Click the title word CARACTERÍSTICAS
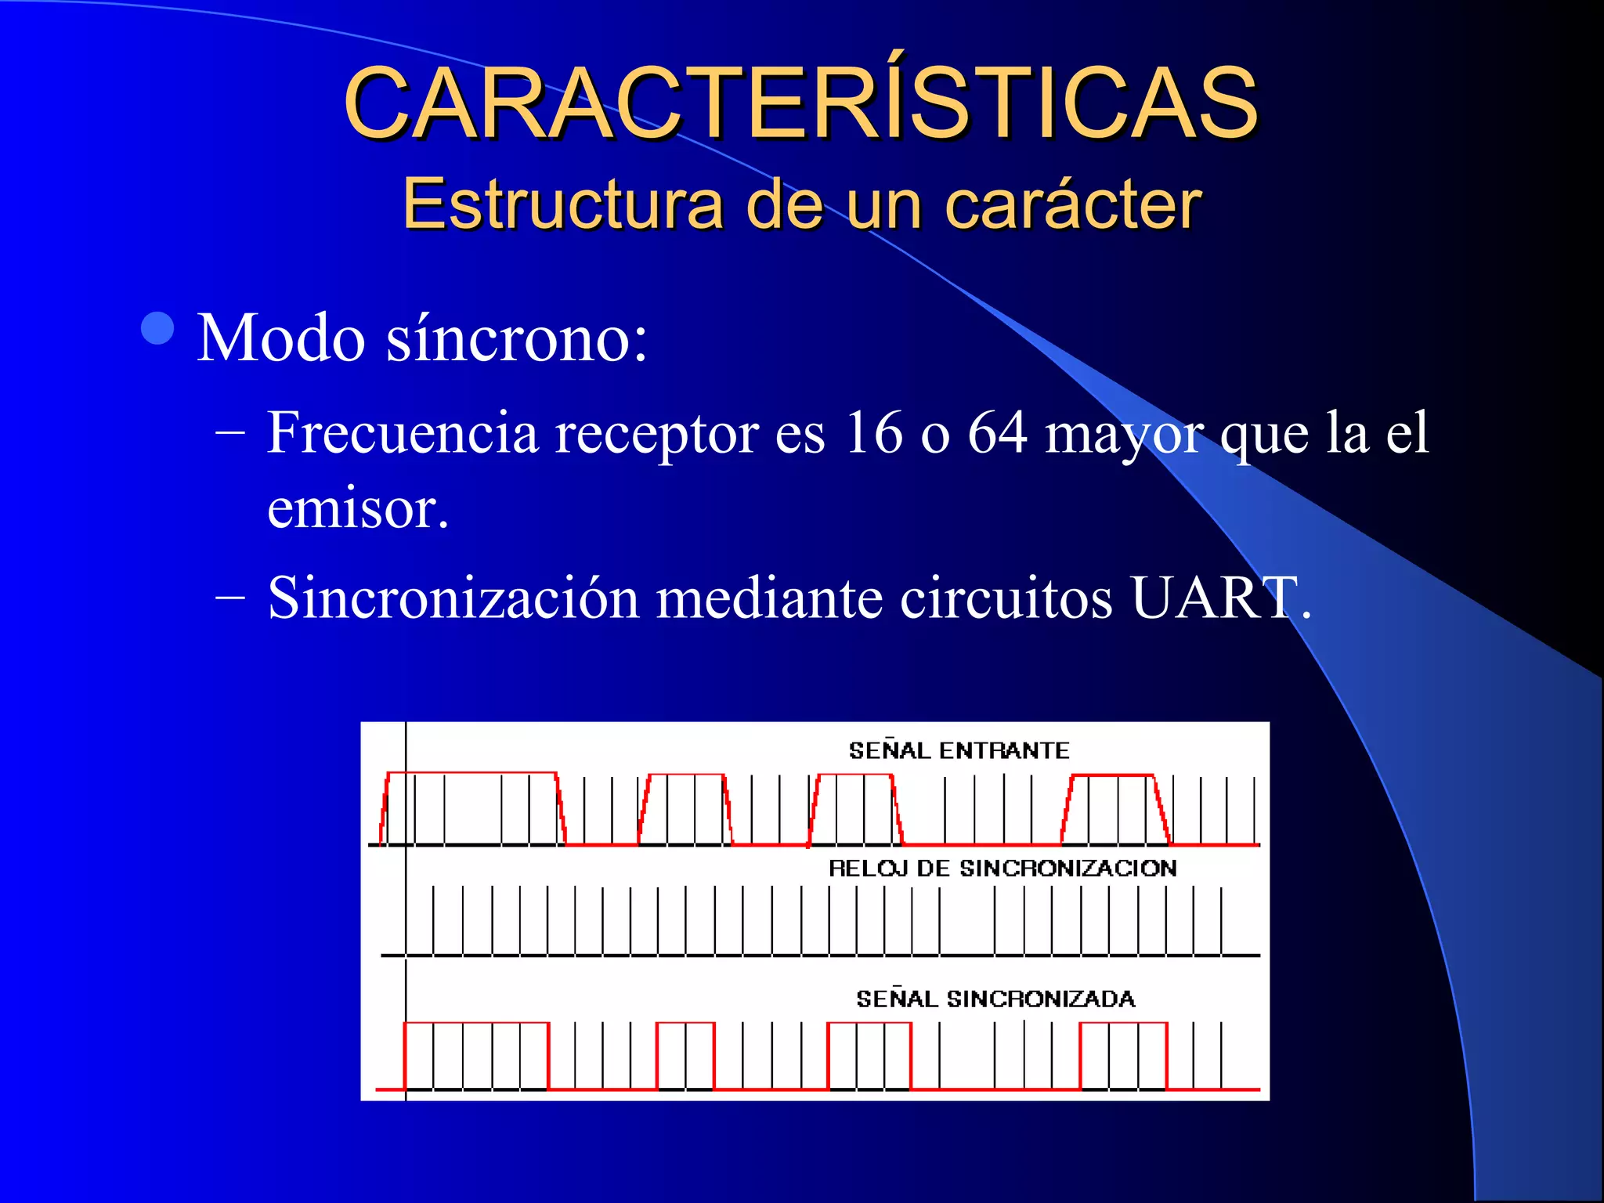click(800, 103)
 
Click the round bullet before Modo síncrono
click(158, 328)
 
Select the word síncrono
click(517, 338)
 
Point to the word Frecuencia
click(403, 432)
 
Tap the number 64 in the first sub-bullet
click(997, 432)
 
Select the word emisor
click(357, 509)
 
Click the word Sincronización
click(453, 598)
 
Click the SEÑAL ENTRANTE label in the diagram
click(959, 750)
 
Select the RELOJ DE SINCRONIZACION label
click(1002, 868)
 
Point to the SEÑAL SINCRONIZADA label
click(995, 999)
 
